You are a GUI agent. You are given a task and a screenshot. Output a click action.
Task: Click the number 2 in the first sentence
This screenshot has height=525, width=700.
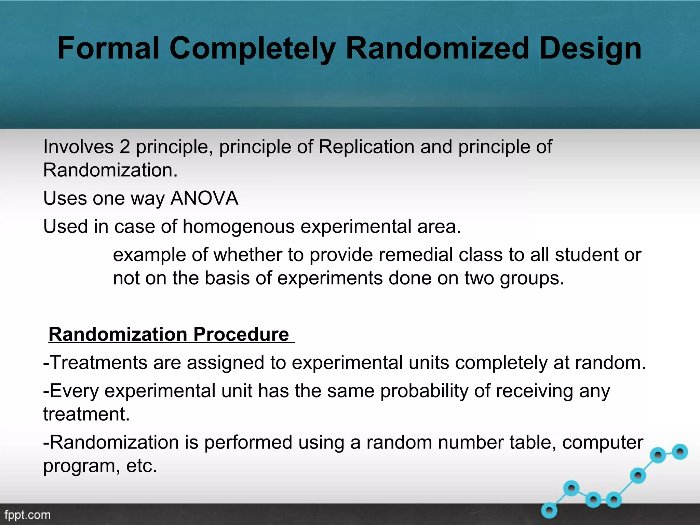125,147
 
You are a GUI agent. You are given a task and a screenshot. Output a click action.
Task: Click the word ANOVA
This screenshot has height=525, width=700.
204,198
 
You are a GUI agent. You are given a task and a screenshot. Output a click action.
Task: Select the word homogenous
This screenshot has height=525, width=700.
238,227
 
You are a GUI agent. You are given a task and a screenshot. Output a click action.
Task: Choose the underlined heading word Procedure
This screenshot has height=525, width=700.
241,334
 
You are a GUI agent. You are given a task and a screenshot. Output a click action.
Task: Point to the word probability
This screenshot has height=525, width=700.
424,391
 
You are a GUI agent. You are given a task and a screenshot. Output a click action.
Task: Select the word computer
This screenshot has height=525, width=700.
603,442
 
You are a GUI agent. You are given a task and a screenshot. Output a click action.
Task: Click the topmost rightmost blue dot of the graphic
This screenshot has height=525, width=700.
680,452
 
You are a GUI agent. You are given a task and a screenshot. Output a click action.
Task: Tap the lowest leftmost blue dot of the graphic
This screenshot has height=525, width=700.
549,511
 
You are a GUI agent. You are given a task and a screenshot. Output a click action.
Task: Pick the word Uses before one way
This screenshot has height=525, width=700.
65,198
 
